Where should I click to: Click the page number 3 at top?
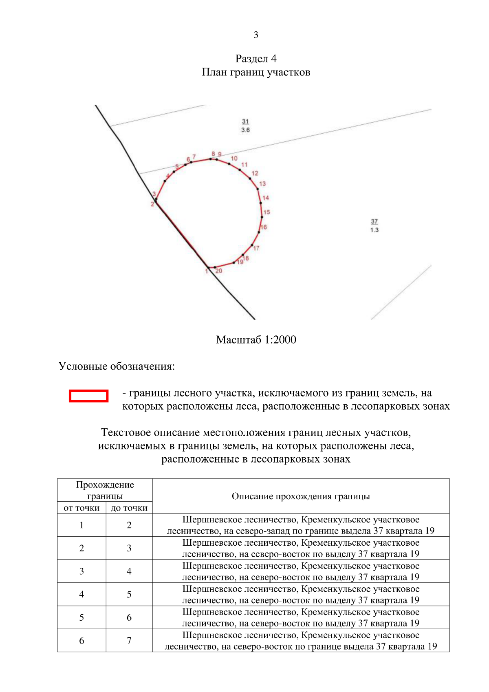[256, 35]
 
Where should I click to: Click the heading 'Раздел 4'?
[256, 59]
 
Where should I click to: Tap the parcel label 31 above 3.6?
[245, 121]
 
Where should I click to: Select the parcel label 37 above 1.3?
[374, 221]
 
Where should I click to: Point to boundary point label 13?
[262, 184]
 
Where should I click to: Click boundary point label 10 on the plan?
[234, 159]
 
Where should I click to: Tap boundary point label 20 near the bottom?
[219, 271]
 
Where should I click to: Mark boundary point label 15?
[267, 212]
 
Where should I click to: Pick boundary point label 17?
[256, 248]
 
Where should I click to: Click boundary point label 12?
[255, 173]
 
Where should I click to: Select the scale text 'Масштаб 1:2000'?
[256, 339]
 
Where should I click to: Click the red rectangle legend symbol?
[88, 396]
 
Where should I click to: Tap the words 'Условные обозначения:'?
[117, 366]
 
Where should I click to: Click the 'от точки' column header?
[81, 508]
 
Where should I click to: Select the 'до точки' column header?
[129, 508]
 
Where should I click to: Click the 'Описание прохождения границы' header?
[301, 496]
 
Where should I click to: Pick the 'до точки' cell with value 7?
[129, 641]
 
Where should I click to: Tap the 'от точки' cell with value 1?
[81, 525]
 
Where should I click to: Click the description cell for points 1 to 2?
[301, 525]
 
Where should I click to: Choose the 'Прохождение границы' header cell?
[105, 490]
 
